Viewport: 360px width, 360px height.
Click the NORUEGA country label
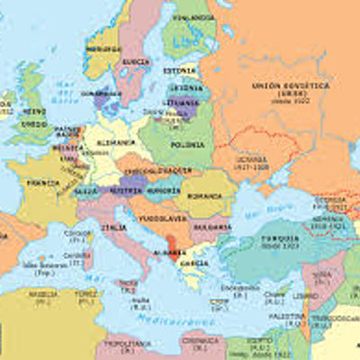103,48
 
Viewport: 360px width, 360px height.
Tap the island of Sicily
130,277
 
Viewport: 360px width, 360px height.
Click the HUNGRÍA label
164,192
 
